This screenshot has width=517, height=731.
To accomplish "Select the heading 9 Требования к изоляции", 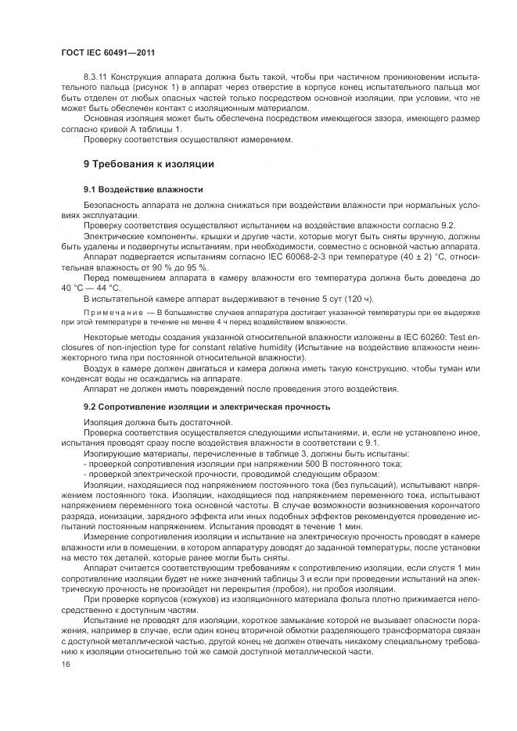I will click(149, 164).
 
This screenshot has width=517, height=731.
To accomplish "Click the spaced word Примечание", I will click(111, 312).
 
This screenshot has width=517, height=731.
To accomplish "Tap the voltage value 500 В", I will click(304, 463).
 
